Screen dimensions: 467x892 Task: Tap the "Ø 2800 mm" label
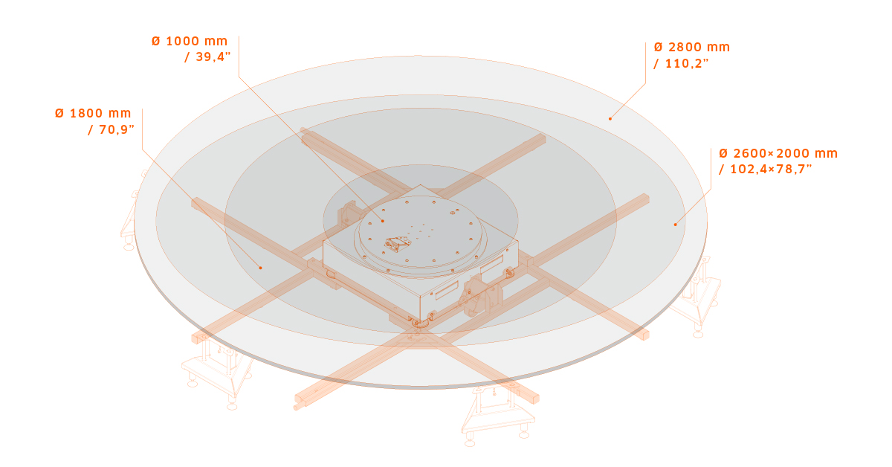pos(692,47)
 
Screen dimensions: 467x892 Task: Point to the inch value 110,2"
pos(681,63)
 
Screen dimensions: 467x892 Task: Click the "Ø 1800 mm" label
pos(93,113)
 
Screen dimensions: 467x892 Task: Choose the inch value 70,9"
pos(111,129)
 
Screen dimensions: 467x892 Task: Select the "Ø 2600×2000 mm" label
pos(778,153)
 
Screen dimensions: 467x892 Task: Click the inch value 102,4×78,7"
pos(765,170)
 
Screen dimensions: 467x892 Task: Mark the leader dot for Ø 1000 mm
pos(382,221)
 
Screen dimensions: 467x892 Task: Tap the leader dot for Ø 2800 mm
pos(610,118)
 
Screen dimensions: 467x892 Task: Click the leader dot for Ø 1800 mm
pos(260,267)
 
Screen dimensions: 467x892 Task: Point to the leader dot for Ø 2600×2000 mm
pos(676,224)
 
